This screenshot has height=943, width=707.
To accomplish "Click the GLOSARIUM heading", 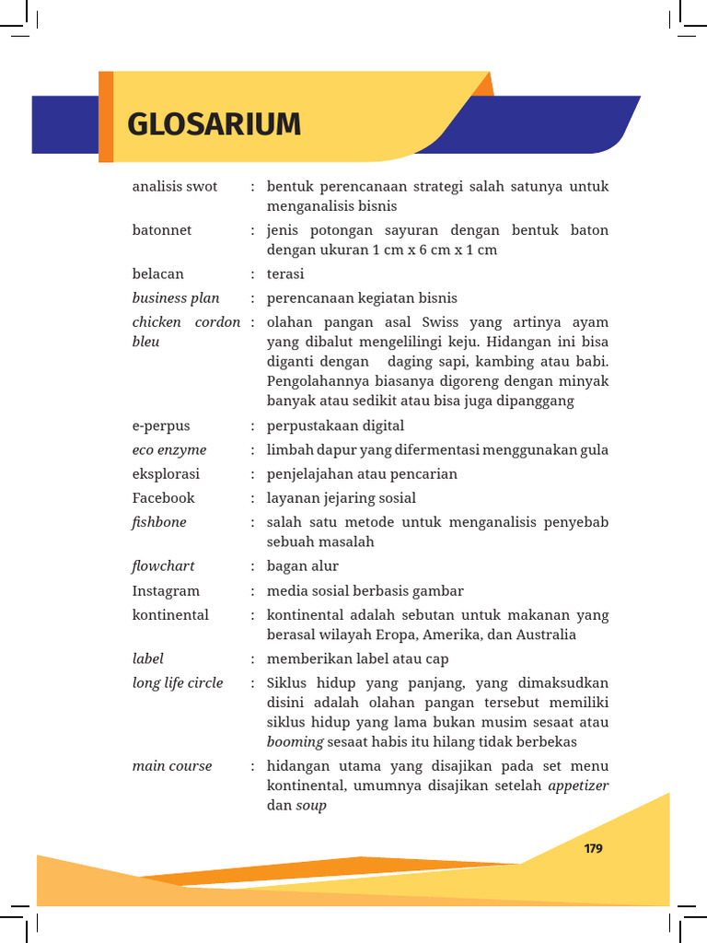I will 214,123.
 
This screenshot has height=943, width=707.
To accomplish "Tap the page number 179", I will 594,848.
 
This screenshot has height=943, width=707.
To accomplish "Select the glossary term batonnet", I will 162,230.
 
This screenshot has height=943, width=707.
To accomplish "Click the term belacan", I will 158,274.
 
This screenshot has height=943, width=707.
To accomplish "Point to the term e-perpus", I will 161,426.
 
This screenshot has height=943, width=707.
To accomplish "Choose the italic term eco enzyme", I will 169,450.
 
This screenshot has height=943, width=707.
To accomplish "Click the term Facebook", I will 164,498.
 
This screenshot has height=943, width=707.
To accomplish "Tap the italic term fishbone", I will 159,522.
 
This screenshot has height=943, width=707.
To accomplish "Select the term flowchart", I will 164,566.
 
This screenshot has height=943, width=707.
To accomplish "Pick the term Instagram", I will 166,591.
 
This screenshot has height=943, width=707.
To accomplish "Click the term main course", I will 172,766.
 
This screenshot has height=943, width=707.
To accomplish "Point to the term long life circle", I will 178,683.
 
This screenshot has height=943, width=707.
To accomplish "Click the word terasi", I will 285,274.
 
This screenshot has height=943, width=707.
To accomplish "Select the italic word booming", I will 296,742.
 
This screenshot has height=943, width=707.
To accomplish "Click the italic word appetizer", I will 578,786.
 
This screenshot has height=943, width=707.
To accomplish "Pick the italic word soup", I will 311,806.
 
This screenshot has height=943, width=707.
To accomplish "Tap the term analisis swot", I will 175,187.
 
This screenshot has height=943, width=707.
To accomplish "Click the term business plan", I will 176,298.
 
